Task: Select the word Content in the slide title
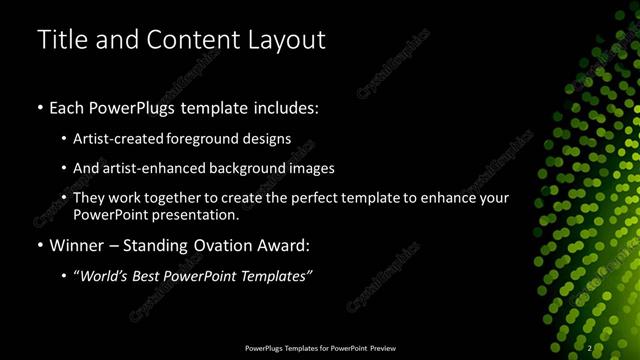tap(192, 39)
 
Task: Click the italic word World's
tap(104, 275)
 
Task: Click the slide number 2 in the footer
tap(590, 348)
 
